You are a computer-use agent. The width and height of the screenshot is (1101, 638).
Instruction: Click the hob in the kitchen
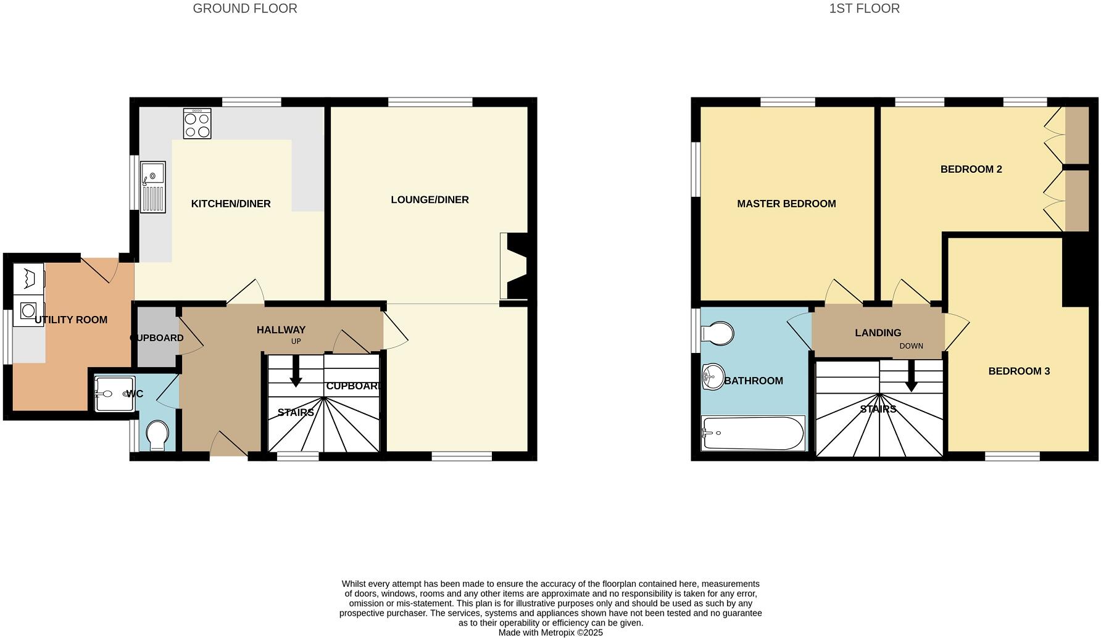click(x=197, y=123)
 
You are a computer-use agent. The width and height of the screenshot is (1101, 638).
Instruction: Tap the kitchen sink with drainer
click(x=152, y=187)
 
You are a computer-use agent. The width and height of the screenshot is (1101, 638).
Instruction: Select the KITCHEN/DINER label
click(x=231, y=204)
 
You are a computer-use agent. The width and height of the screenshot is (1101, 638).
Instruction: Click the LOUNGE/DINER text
click(x=430, y=199)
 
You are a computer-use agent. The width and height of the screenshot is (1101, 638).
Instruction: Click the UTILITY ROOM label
click(x=71, y=320)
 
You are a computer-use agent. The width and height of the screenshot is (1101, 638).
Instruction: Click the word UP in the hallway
click(x=296, y=341)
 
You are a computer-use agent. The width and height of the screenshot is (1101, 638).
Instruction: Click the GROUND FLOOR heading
click(x=245, y=9)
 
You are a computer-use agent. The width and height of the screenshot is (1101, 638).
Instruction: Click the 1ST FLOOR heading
click(x=864, y=9)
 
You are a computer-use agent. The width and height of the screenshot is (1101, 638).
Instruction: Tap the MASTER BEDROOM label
click(x=786, y=204)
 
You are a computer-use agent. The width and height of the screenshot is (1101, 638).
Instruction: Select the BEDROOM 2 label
click(x=971, y=169)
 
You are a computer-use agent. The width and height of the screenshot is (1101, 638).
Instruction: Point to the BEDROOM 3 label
click(x=1019, y=371)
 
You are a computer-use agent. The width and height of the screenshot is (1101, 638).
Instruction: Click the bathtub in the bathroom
click(x=753, y=433)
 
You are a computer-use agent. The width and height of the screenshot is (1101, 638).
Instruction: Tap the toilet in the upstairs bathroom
click(x=718, y=334)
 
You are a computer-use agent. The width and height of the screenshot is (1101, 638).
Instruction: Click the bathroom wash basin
click(x=713, y=376)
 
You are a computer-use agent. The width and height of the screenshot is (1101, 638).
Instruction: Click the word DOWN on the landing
click(x=911, y=346)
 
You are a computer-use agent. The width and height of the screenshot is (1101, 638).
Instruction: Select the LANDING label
click(x=878, y=333)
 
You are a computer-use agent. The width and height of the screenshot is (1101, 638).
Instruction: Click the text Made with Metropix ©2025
click(x=550, y=632)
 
